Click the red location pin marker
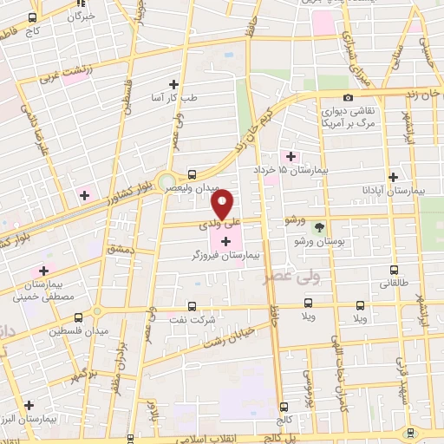223,204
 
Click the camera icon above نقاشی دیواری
348,97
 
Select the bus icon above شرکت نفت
191,306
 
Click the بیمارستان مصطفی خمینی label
36,291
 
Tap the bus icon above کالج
284,406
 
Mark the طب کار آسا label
174,97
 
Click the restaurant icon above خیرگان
83,4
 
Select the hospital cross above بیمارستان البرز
30,404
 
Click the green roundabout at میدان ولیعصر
166,183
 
